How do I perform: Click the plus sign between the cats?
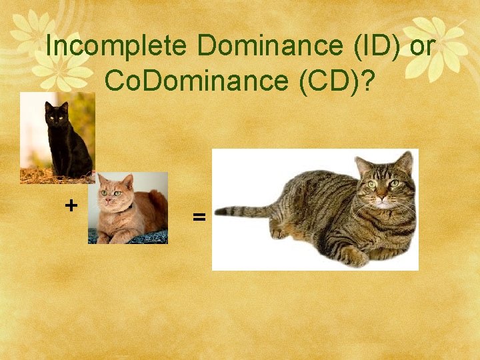pos(71,205)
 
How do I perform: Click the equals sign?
pos(198,217)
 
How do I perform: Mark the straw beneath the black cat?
pos(40,177)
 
